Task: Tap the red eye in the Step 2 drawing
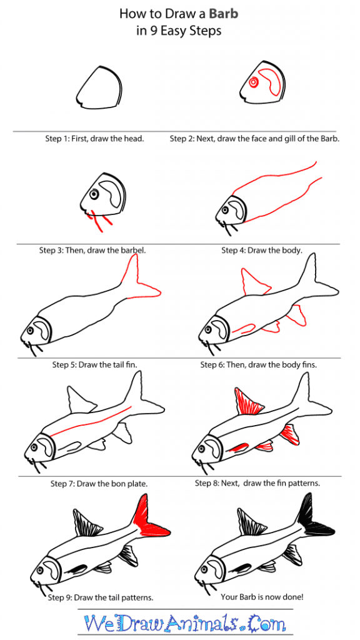tap(253, 82)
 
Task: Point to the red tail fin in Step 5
tap(141, 281)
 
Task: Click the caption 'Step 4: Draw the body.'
tap(261, 250)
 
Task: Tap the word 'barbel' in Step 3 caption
tap(131, 250)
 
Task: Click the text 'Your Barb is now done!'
tap(261, 597)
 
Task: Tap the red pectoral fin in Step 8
tap(238, 447)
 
